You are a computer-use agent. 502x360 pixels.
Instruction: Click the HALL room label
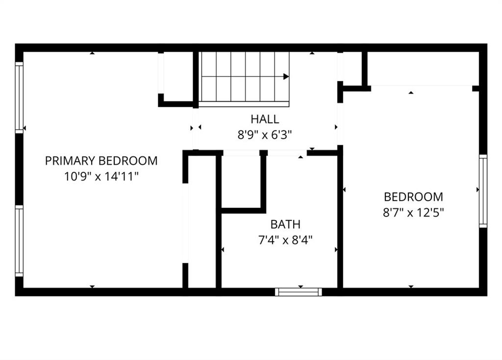265,119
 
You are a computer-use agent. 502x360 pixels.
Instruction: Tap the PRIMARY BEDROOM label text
101,161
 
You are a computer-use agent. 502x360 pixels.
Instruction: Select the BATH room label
285,225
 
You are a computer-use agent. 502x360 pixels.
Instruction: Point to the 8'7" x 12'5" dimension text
413,212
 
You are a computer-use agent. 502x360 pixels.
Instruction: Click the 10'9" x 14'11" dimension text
101,177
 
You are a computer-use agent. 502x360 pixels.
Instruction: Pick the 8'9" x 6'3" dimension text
265,135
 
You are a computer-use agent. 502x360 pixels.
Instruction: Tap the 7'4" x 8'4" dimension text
285,240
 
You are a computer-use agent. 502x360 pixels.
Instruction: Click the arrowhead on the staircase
286,77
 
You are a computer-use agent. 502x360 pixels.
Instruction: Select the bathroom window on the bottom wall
299,292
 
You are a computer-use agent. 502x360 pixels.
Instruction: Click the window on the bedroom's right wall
483,191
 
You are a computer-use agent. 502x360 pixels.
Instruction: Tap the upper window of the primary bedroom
19,98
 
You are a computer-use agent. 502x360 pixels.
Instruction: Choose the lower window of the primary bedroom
19,240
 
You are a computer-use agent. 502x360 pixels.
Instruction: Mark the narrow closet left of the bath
201,222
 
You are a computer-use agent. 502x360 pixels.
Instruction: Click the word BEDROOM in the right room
413,197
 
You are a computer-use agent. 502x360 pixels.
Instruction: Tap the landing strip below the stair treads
244,104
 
